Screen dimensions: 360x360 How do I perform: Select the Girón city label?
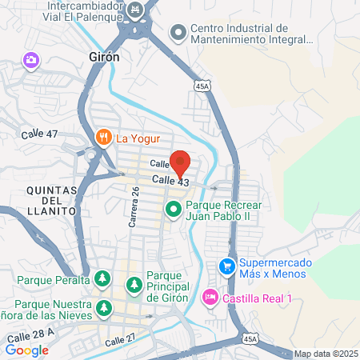pos(101,57)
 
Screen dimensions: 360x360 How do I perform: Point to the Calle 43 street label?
pos(170,182)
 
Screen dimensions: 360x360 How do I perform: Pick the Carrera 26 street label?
pos(135,206)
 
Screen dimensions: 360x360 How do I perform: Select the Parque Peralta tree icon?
pos(102,279)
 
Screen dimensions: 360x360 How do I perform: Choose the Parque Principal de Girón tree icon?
pos(134,284)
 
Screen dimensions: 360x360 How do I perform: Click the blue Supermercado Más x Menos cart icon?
pos(227,265)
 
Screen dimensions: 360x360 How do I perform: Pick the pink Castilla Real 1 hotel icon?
pos(210,297)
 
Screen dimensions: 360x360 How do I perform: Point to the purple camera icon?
pos(31,60)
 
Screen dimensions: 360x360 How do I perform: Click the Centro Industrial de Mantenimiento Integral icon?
pos(177,33)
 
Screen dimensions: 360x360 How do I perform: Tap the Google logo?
pos(26,350)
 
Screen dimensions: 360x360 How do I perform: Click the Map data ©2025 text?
pos(326,354)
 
